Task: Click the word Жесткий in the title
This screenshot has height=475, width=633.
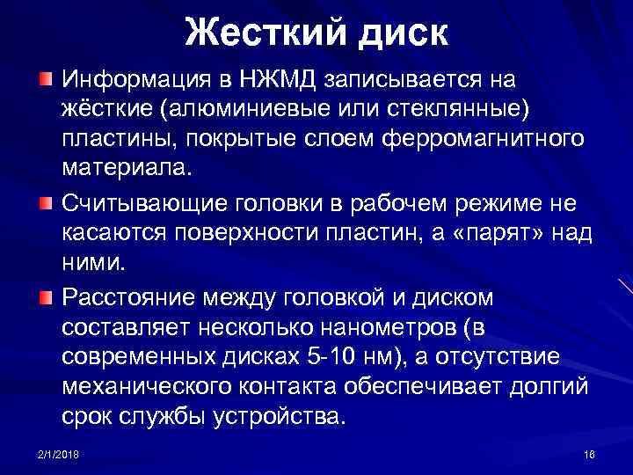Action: pos(259,34)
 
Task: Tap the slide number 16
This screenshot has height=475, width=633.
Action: pos(589,452)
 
